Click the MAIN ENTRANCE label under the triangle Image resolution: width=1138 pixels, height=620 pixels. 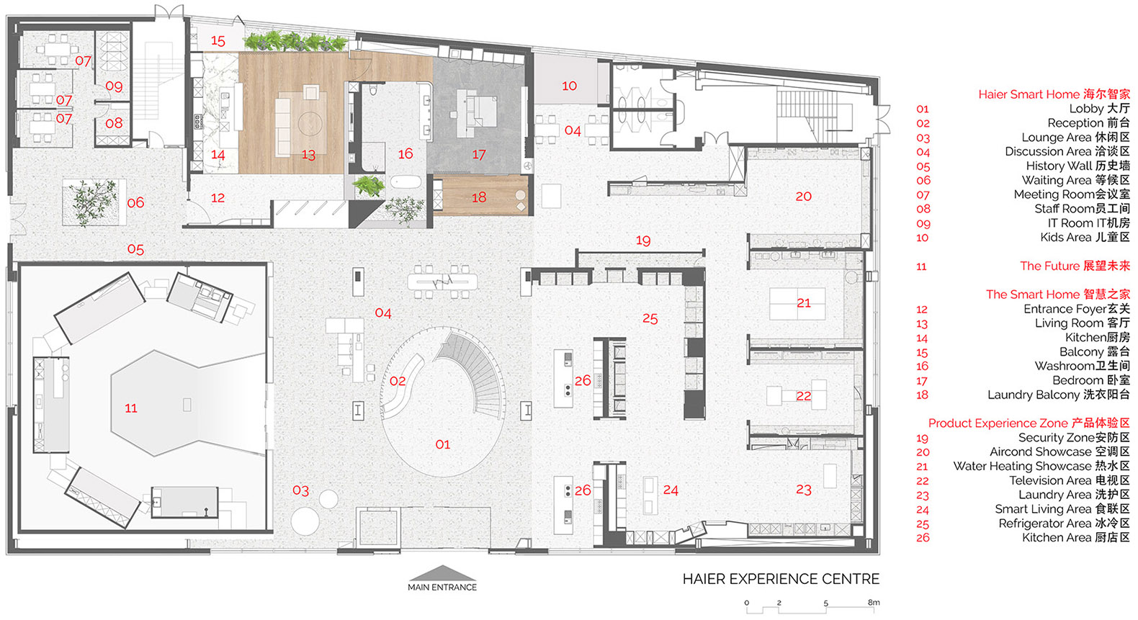pos(442,587)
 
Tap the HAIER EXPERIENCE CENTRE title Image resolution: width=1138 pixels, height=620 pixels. pos(781,579)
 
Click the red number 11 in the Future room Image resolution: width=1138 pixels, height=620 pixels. pos(131,408)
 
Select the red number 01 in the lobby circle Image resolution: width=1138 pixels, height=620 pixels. pos(442,445)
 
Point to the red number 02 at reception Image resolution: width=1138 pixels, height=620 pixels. pos(398,381)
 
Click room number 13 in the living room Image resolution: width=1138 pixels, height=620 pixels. pos(308,155)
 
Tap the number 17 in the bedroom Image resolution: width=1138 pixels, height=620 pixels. pos(478,154)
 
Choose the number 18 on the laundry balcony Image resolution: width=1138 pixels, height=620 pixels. pos(478,197)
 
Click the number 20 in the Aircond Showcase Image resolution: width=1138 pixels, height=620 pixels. pos(803,197)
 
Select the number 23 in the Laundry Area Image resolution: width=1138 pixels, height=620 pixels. pos(803,490)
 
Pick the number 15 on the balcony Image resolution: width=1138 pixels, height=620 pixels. pos(218,40)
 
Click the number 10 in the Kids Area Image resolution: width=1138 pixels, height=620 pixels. pos(569,86)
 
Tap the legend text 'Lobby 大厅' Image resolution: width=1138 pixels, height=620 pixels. pos(1099,109)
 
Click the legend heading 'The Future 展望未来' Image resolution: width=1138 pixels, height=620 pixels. pos(1075,266)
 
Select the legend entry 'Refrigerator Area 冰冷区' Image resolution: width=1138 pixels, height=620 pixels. pos(1065,524)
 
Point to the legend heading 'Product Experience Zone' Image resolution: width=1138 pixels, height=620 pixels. pos(998,423)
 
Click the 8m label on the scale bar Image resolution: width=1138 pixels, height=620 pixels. pos(874,602)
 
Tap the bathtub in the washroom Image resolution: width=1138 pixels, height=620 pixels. pos(406,181)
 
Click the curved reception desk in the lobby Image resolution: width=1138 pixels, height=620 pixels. pos(403,382)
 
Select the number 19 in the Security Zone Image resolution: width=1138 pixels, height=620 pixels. pos(643,241)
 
